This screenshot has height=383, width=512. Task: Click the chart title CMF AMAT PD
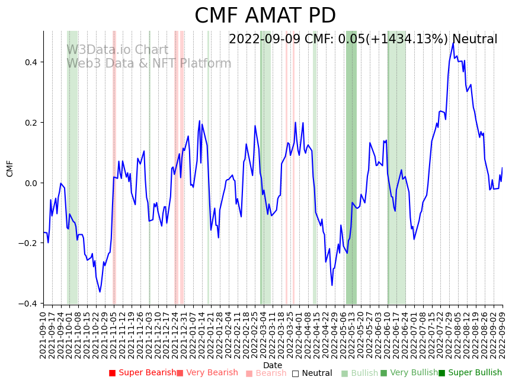pos(265,16)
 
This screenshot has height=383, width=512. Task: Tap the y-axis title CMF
pos(10,168)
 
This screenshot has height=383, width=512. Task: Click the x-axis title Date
pos(273,366)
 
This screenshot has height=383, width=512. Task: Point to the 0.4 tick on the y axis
pos(31,62)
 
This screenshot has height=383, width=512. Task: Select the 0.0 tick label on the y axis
pos(31,183)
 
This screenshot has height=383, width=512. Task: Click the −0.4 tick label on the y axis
pos(28,304)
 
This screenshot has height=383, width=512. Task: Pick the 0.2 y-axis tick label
pos(31,123)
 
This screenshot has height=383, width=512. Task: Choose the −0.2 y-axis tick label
pos(28,243)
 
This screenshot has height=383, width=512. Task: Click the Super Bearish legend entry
pos(142,373)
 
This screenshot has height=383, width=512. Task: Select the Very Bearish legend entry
pos(207,373)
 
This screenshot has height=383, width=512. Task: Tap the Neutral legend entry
pos(312,373)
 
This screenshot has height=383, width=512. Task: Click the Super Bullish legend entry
pos(470,373)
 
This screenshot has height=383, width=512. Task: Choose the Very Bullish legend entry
pos(408,373)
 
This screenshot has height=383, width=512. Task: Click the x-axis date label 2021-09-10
pos(43,335)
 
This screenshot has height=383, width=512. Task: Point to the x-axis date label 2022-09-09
pos(503,335)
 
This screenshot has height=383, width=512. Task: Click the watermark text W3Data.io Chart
pos(117,50)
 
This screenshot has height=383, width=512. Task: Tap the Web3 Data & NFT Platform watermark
pos(149,63)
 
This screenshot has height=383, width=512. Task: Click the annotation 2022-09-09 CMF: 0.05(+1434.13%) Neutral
pos(363,40)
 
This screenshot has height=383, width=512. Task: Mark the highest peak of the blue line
pos(453,43)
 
